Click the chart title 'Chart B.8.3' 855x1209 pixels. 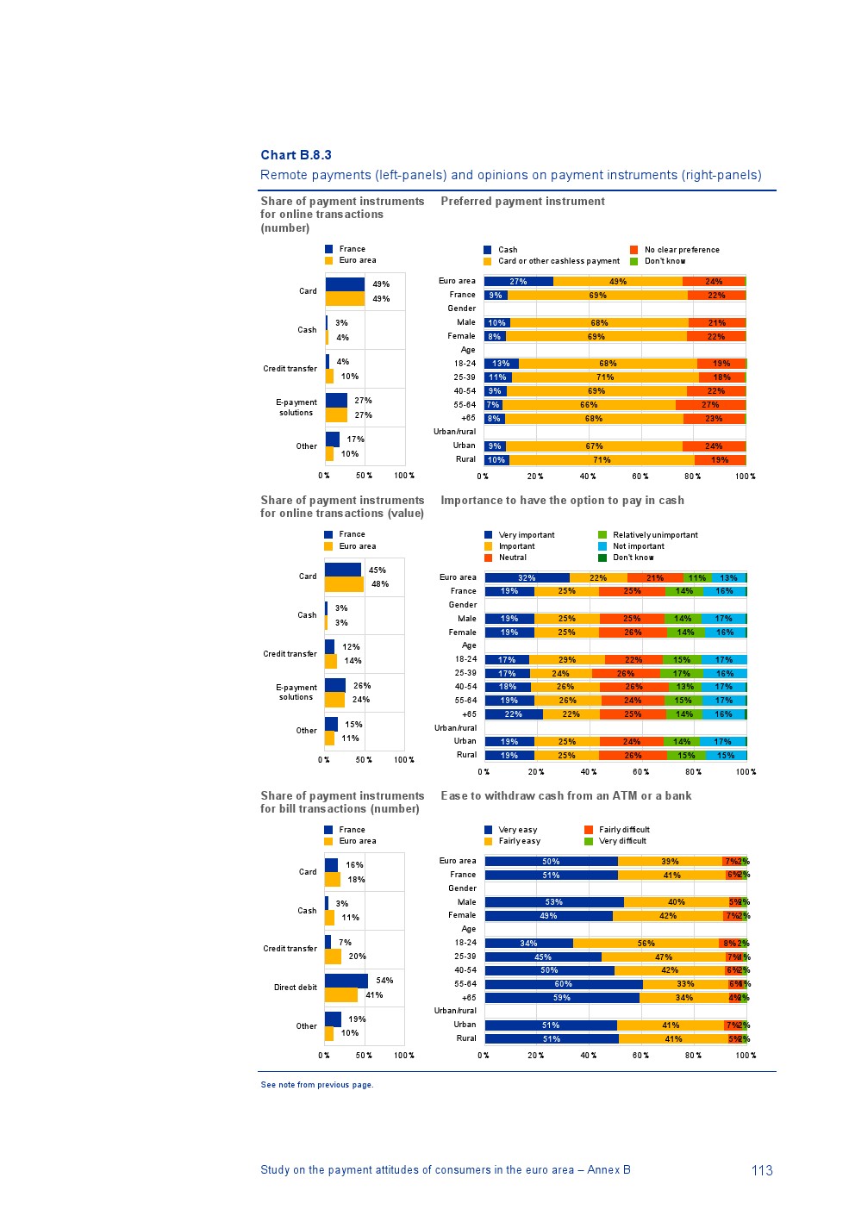point(296,155)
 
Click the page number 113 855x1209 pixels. point(762,1170)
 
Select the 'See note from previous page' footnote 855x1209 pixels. point(317,1085)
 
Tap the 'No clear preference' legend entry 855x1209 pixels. point(681,250)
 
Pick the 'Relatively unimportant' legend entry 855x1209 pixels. point(654,535)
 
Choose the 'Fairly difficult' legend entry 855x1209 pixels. point(623,830)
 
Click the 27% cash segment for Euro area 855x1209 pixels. point(518,282)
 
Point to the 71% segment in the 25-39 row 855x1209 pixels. point(605,377)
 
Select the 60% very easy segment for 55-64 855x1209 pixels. point(563,984)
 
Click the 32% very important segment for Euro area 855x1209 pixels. point(527,578)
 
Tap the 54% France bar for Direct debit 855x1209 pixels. point(346,981)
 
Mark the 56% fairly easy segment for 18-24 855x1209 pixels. point(646,944)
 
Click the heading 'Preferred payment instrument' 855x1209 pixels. point(522,202)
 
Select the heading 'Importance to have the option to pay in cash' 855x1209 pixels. point(562,501)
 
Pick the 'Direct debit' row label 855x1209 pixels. point(296,988)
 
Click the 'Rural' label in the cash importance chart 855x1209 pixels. point(466,755)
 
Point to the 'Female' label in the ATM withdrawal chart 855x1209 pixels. point(462,915)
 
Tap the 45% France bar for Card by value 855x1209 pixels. point(343,570)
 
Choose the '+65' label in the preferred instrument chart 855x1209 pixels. point(468,418)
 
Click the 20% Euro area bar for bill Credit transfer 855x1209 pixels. point(333,957)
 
